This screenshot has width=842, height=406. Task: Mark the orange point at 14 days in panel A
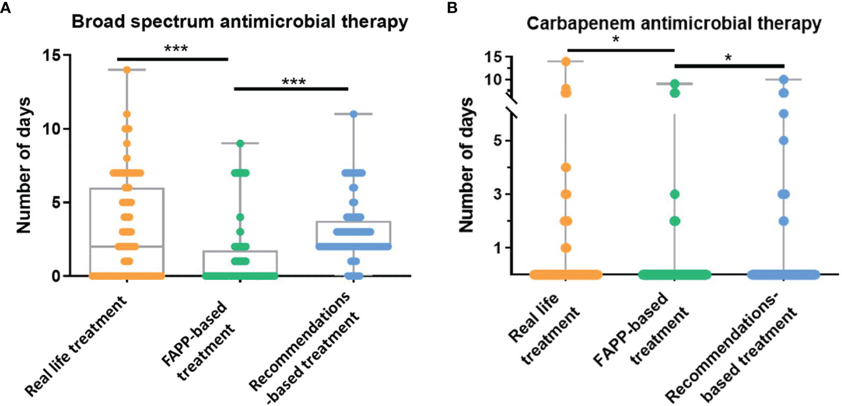point(127,70)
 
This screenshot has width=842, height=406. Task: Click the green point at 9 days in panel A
point(240,143)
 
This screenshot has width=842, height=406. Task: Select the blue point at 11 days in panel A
point(353,114)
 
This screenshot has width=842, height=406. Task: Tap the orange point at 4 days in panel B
point(566,168)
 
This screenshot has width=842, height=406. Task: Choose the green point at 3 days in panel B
point(675,194)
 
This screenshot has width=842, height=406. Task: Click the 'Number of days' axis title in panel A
point(23,165)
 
